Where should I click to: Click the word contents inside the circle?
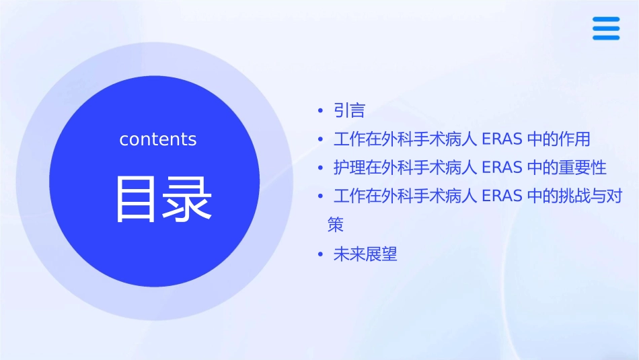pos(158,139)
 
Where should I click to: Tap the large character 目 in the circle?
pos(137,199)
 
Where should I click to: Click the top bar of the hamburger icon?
pos(606,20)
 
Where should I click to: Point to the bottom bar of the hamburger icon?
pos(606,37)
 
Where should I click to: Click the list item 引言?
pos(349,110)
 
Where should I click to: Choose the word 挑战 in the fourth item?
pos(574,196)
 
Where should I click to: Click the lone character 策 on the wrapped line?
pos(336,225)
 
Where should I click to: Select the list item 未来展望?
pos(365,254)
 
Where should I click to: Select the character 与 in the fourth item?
pos(599,196)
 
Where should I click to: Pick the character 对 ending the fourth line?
pos(614,196)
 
